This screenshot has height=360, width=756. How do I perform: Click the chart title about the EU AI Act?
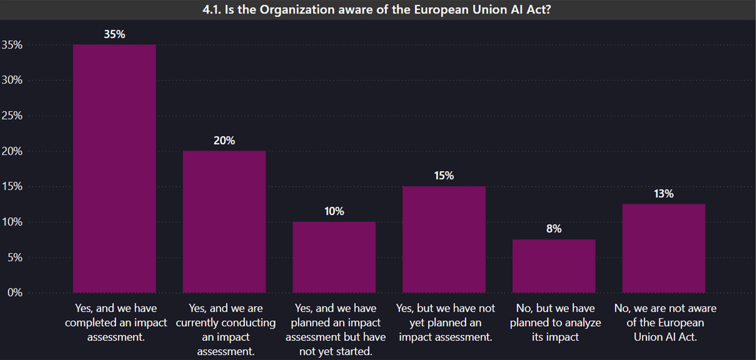(377, 10)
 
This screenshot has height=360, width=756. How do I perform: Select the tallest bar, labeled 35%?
(114, 168)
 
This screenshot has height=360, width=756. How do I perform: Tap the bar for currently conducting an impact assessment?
(224, 222)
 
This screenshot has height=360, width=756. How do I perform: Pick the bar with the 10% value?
(334, 257)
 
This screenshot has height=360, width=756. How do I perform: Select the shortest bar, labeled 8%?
(554, 266)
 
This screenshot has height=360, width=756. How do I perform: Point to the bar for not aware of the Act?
(664, 248)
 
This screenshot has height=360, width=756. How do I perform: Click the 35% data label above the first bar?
(114, 34)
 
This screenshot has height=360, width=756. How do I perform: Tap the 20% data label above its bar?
(224, 141)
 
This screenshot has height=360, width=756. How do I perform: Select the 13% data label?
(664, 194)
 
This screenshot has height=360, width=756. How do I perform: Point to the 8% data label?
(554, 229)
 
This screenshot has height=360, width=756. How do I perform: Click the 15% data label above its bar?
(444, 176)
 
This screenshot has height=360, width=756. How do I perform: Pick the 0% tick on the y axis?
(15, 293)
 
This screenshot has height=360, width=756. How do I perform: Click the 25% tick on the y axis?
(12, 116)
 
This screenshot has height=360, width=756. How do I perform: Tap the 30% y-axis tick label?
(12, 80)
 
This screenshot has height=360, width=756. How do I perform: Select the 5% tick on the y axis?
(15, 257)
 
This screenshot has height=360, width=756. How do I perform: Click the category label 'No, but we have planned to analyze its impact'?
(555, 322)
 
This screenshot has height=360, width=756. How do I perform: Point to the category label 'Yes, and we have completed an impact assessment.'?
(116, 322)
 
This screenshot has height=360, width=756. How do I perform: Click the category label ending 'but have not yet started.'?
(336, 329)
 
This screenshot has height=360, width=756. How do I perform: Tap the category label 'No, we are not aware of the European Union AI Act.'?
(665, 322)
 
